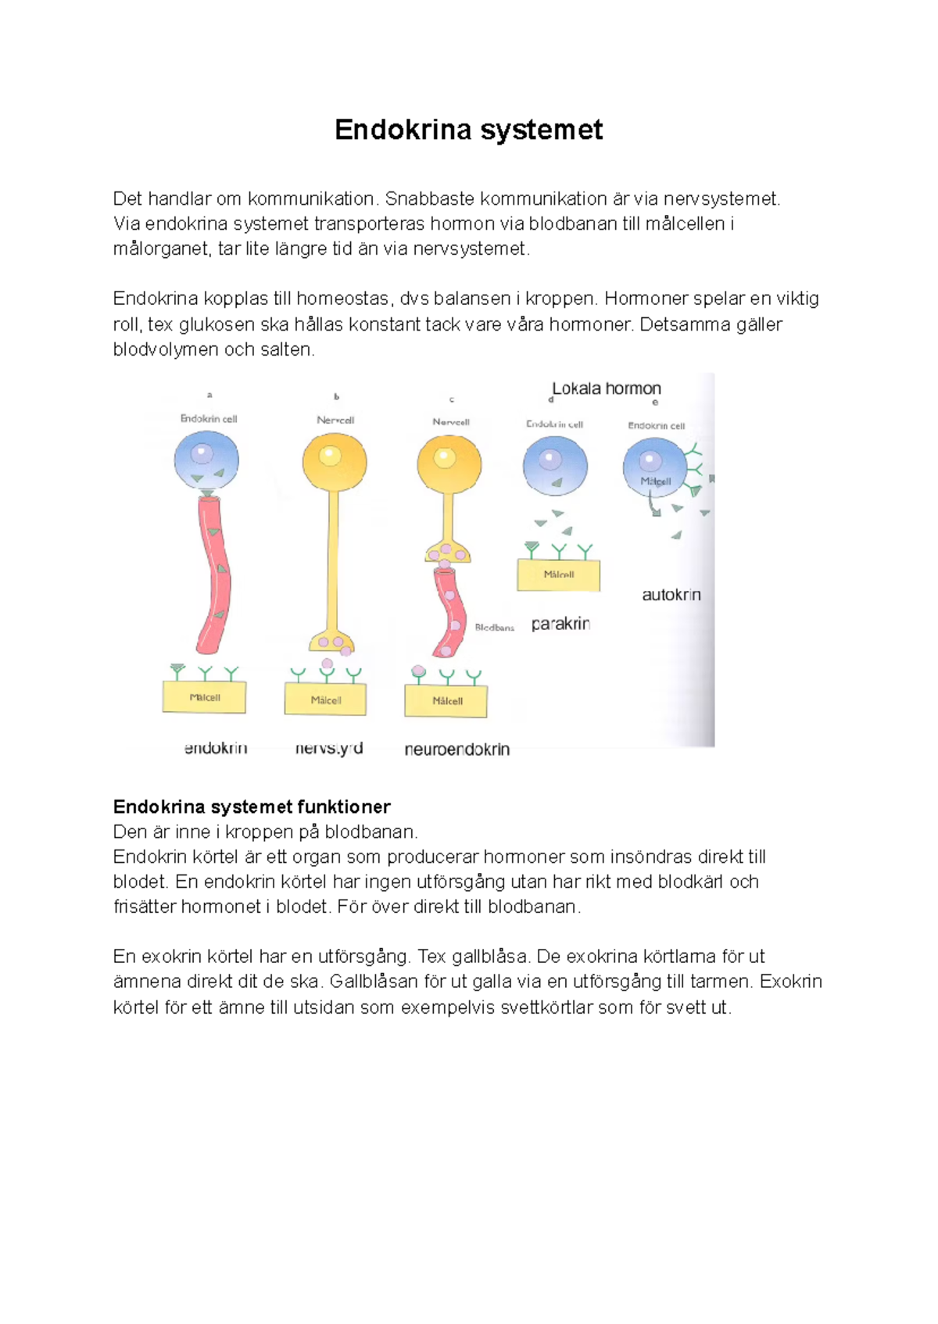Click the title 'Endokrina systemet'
point(468,130)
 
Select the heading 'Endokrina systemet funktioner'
point(251,807)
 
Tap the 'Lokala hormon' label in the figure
point(607,388)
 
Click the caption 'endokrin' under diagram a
point(216,748)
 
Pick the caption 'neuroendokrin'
point(457,750)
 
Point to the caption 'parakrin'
point(560,624)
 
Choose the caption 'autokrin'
point(671,595)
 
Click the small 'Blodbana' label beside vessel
point(494,628)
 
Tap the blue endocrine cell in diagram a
point(206,460)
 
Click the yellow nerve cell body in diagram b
point(335,460)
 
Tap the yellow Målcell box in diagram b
point(325,700)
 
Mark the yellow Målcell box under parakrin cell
point(558,575)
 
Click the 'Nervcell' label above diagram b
point(335,420)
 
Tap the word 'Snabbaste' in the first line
point(429,199)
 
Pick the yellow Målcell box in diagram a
point(204,697)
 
